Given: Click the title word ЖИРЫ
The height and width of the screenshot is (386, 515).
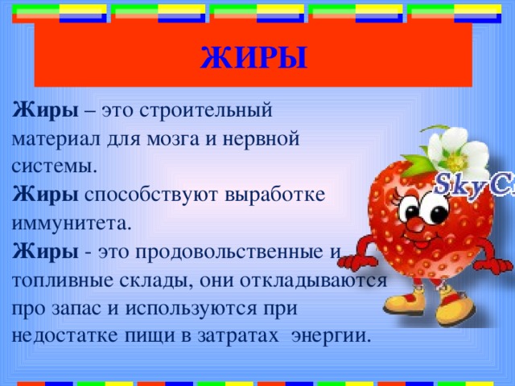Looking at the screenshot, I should point(253,57).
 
